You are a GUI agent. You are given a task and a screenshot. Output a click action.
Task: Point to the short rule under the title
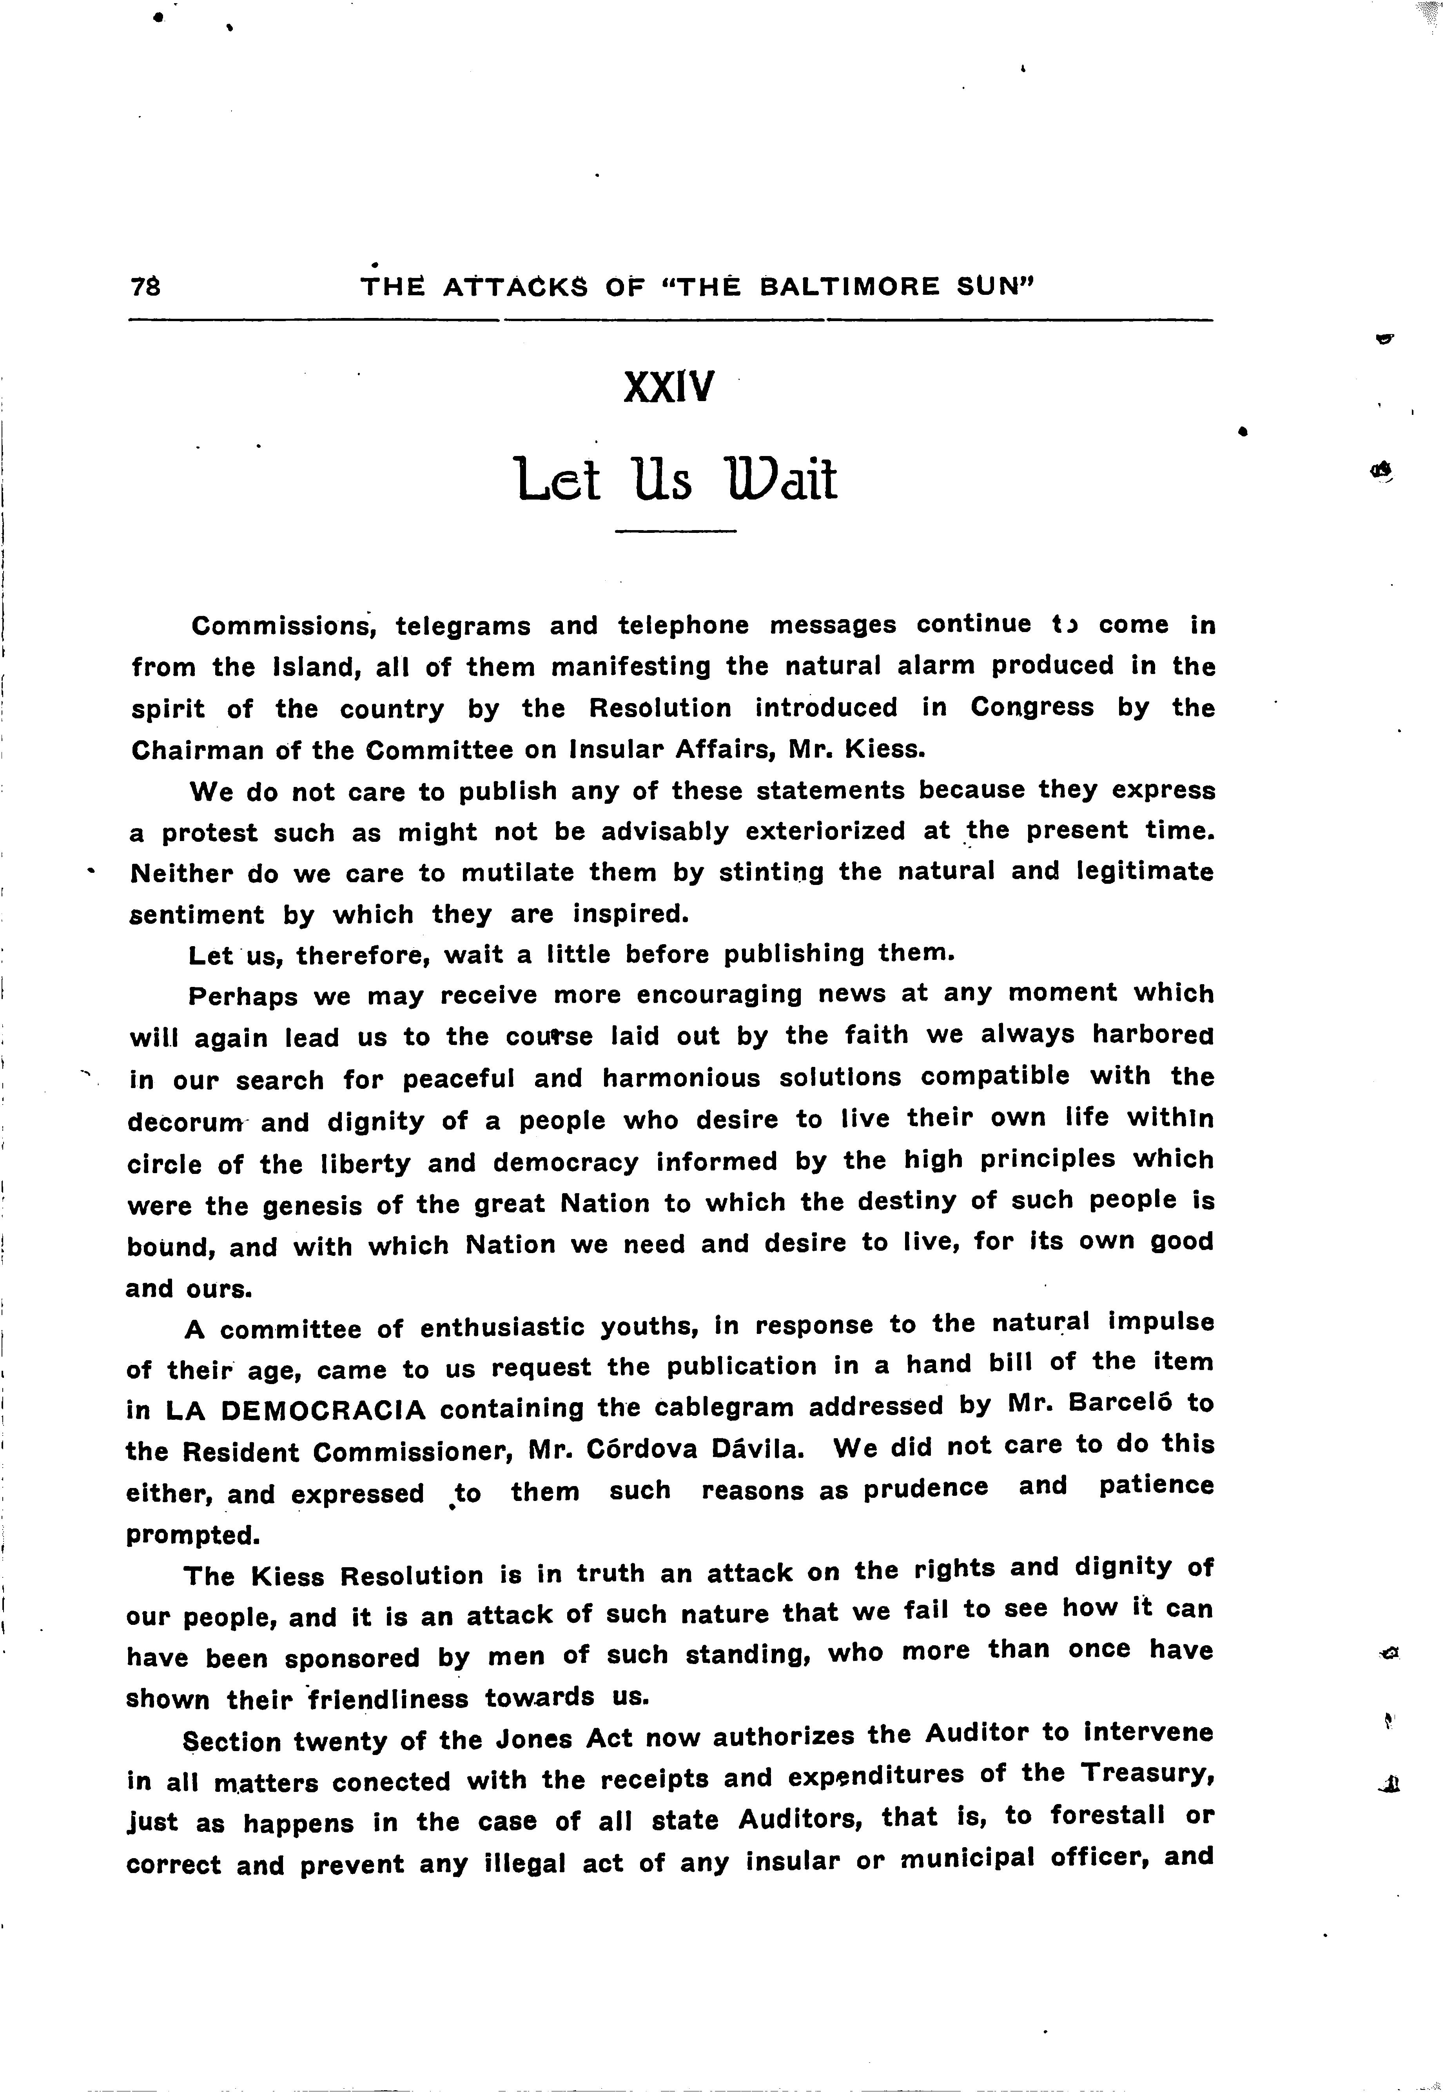pyautogui.click(x=676, y=530)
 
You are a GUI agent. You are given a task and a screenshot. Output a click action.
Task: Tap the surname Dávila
pyautogui.click(x=752, y=1449)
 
